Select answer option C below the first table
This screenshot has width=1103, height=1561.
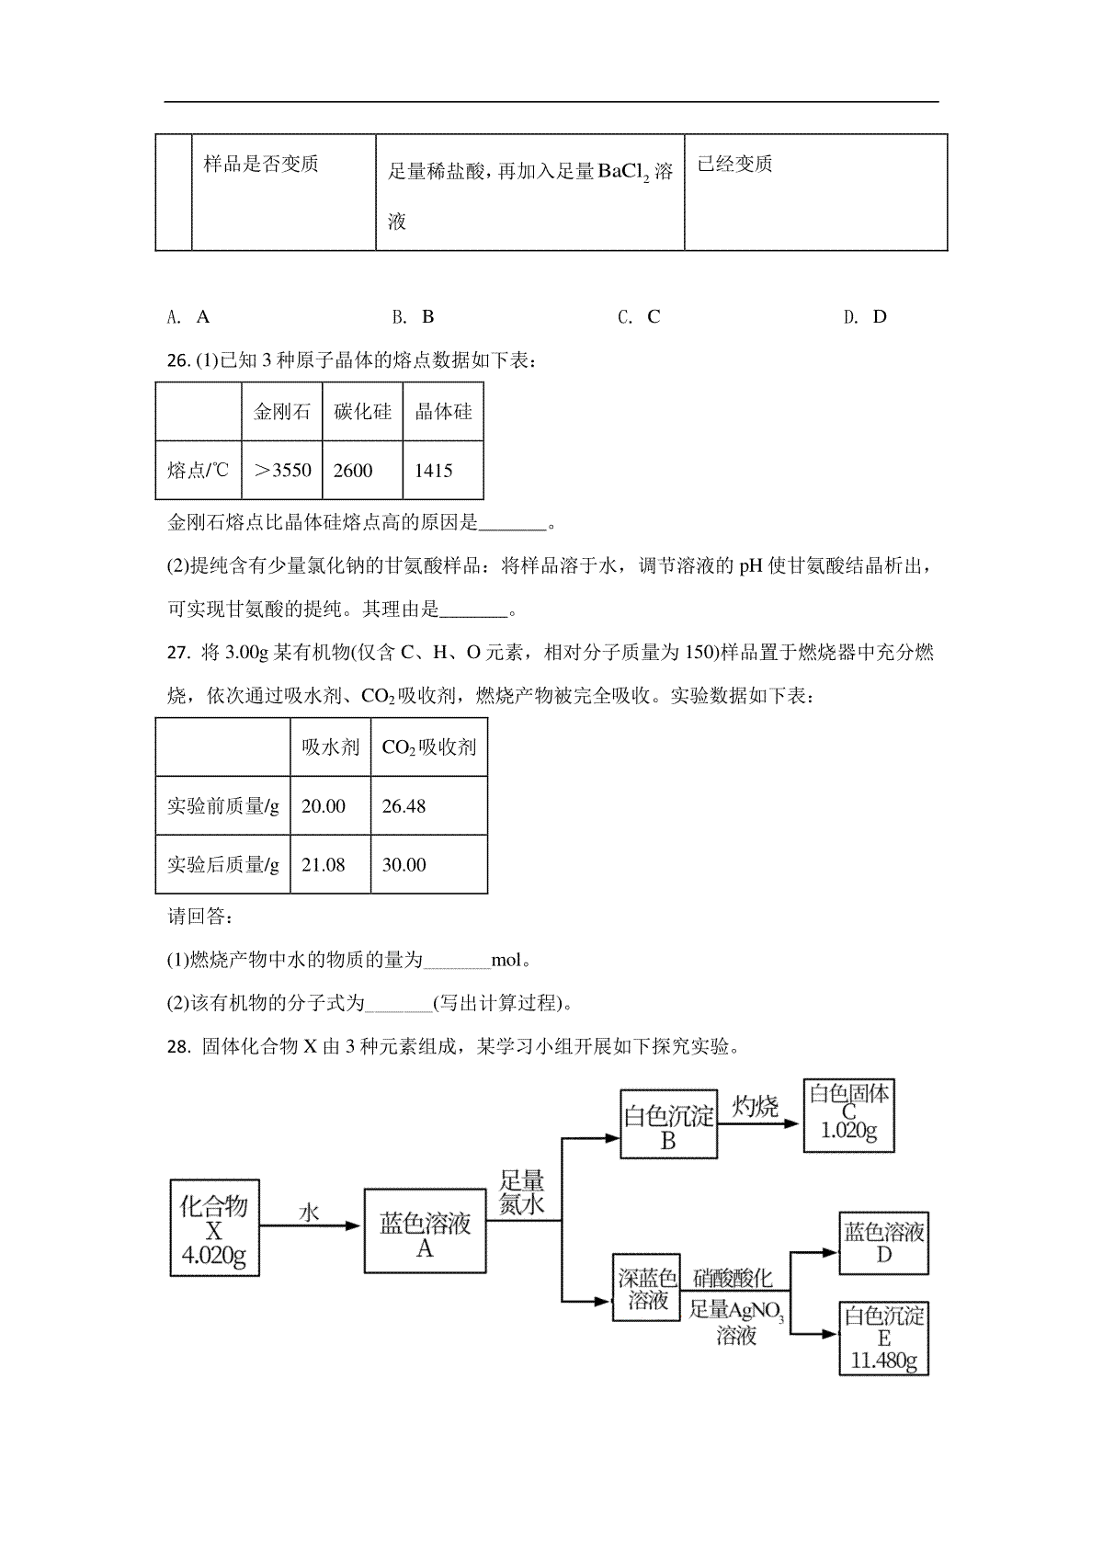(639, 317)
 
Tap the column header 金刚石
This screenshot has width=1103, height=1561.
(281, 411)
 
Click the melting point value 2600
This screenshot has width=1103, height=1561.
(362, 470)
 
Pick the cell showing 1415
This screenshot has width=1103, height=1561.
(443, 470)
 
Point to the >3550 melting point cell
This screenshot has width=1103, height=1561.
(281, 470)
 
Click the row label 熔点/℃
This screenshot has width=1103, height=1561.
(199, 470)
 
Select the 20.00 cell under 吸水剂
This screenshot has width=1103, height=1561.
(330, 805)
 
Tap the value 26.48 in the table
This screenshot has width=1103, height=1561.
(429, 805)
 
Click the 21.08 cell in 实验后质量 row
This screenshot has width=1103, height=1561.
(330, 864)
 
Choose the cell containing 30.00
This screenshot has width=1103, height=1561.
(429, 864)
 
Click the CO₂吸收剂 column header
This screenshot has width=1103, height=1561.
(429, 747)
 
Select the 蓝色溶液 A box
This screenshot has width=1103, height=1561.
(425, 1231)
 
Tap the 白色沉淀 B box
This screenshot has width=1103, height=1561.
(669, 1124)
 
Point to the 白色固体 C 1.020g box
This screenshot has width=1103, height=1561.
(848, 1116)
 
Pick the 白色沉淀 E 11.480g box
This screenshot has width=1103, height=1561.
(883, 1339)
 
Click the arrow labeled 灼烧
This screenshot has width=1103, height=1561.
(758, 1123)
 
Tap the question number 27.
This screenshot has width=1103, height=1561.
(178, 653)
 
